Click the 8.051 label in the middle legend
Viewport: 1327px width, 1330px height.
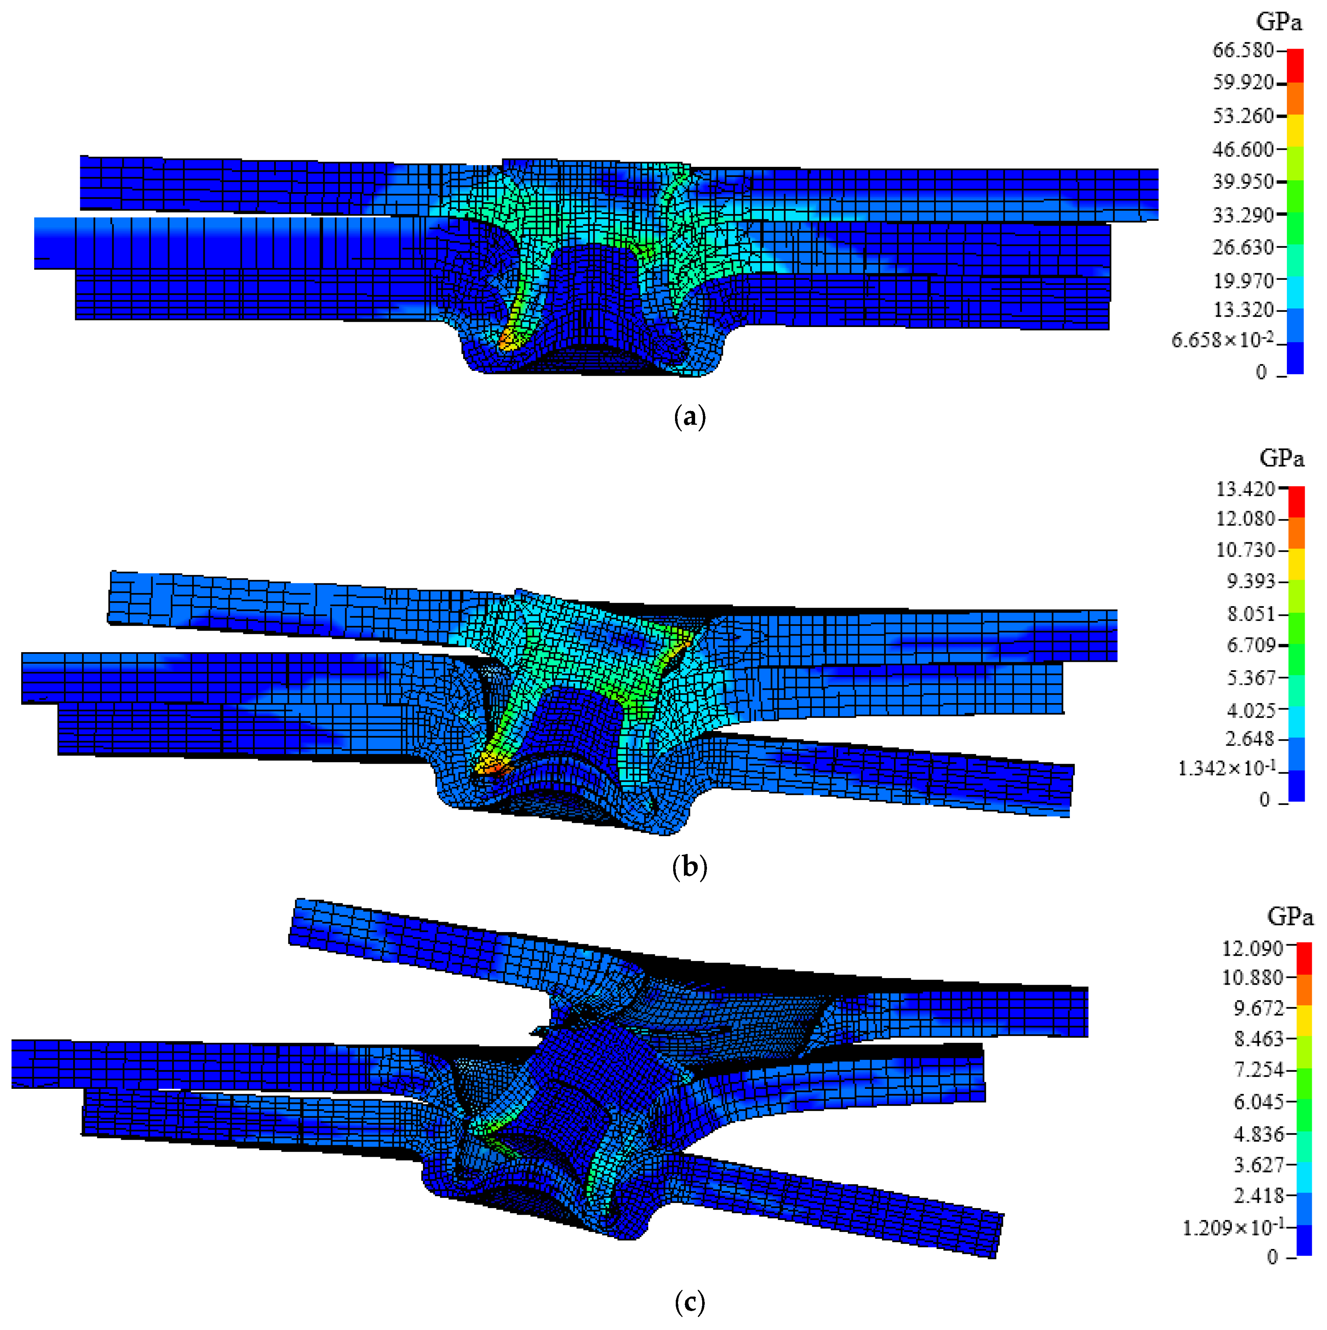pyautogui.click(x=1251, y=614)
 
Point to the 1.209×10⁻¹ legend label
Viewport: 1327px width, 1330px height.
pyautogui.click(x=1233, y=1227)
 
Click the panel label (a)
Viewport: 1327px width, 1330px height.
pyautogui.click(x=689, y=417)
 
